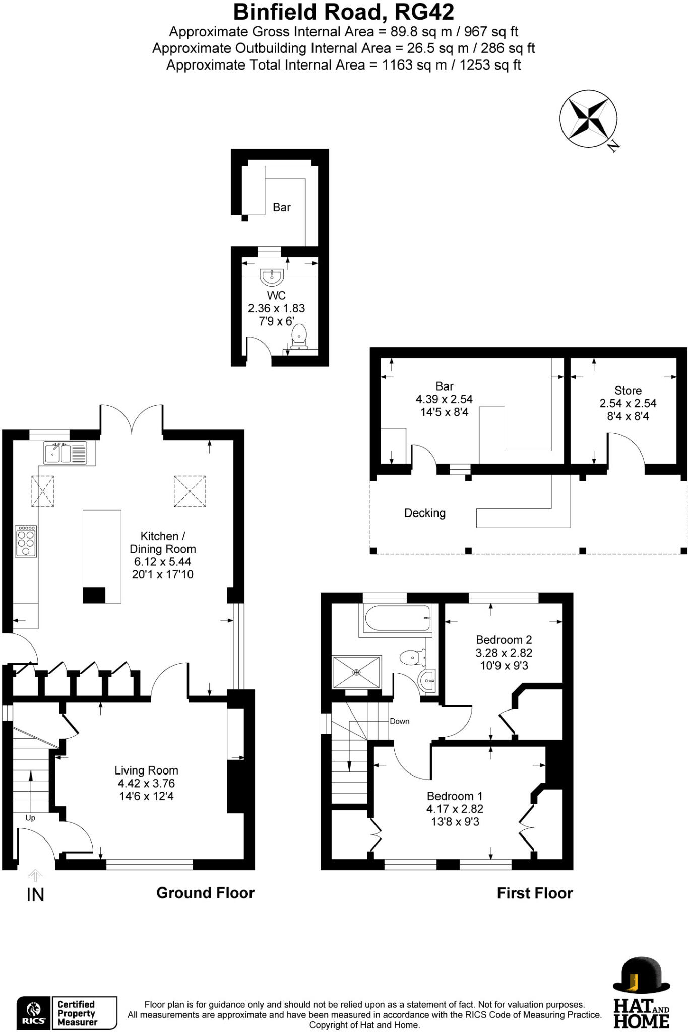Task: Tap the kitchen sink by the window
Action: click(66, 453)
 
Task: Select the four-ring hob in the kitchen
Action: click(26, 541)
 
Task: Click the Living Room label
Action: click(146, 770)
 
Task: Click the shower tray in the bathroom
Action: click(356, 672)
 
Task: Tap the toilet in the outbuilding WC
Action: click(299, 337)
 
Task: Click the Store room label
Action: click(628, 391)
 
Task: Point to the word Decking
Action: click(425, 513)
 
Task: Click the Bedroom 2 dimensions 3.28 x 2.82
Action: click(504, 653)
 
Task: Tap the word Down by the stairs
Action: click(399, 721)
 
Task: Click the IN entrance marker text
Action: click(35, 895)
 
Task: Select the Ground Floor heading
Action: click(205, 893)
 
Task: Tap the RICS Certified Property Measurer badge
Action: click(67, 1013)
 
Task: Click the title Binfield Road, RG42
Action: click(344, 11)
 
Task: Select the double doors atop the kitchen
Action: click(132, 419)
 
